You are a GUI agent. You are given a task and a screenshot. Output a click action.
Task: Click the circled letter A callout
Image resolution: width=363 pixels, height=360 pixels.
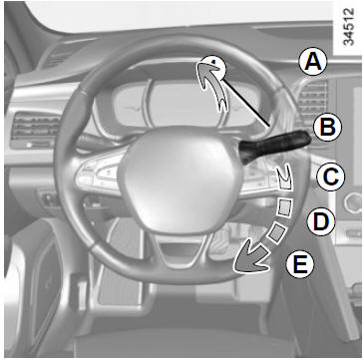tap(313, 62)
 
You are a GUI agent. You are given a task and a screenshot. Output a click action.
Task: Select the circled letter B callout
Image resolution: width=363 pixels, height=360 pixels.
tap(327, 128)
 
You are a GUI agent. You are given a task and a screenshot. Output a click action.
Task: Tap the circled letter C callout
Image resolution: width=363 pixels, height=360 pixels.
tap(331, 177)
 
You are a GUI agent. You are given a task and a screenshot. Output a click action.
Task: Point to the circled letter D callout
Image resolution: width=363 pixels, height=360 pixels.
tap(321, 222)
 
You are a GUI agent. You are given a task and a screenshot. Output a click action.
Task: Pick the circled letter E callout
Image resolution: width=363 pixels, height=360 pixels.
tap(300, 264)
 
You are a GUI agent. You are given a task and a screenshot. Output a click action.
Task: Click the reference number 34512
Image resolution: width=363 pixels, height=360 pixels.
tap(348, 27)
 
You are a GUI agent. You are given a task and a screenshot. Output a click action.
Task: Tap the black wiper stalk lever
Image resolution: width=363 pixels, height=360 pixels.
tap(275, 146)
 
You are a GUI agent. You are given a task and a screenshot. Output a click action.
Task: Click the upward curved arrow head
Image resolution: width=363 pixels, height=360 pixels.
tap(207, 68)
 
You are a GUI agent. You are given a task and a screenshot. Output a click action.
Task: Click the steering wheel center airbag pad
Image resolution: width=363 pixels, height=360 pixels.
tap(181, 180)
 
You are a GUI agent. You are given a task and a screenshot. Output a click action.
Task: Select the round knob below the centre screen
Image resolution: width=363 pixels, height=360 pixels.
tap(353, 203)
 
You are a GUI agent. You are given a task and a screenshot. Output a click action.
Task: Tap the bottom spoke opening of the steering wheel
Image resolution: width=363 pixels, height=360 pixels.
tap(181, 251)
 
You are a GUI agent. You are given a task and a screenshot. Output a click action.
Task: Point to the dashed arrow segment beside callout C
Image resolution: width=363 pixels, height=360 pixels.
tap(285, 179)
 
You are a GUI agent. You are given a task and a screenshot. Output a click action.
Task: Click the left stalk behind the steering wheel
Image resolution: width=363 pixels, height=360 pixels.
tap(95, 142)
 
